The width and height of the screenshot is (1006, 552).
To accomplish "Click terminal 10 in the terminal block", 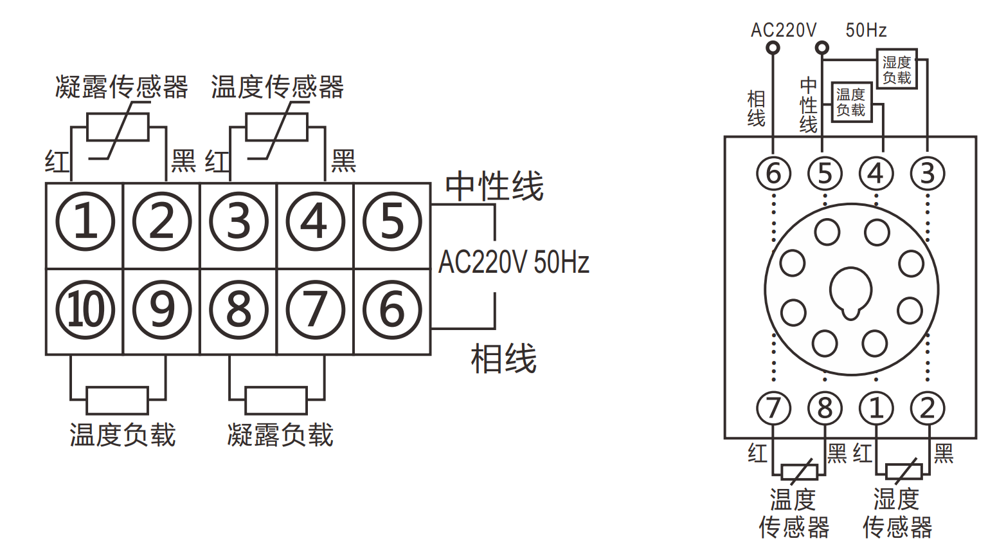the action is pos(85,309).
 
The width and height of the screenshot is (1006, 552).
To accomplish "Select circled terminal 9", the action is pos(162,309).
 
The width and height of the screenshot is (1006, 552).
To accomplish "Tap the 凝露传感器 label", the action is pos(121,87).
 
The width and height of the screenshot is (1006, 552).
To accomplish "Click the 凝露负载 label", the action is pos(281,435).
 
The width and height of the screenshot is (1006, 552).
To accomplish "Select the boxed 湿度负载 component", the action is pos(897,69).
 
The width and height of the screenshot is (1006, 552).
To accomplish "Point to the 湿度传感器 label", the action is pos(897,513).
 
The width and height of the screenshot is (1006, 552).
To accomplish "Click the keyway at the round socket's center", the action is pos(850,293).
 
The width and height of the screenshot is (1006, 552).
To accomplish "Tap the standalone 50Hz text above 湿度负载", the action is pos(866,30).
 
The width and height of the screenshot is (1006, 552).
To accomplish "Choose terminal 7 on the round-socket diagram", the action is pos(773,409).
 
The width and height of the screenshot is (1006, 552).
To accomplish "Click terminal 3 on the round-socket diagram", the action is pos(928,174).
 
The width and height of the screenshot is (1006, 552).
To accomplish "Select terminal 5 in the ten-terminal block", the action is pos(392,221).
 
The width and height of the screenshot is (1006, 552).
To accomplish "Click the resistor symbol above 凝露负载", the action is pos(276,400).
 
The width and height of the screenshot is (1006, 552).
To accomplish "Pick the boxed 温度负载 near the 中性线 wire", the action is pos(852,102).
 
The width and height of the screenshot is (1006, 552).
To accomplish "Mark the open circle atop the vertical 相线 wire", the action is pos(773,48).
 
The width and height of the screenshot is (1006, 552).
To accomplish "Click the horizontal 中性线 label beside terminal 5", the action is pos(494,186).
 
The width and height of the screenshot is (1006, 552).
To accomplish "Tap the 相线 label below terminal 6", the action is pos(503,358).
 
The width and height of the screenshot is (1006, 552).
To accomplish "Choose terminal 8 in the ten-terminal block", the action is pos(238,309).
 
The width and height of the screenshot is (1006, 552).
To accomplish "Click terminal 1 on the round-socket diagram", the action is pos(876,409).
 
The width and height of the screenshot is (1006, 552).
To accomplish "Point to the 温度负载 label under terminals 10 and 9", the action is pos(122,435).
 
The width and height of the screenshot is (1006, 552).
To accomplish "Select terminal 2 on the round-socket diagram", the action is pos(928,409).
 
